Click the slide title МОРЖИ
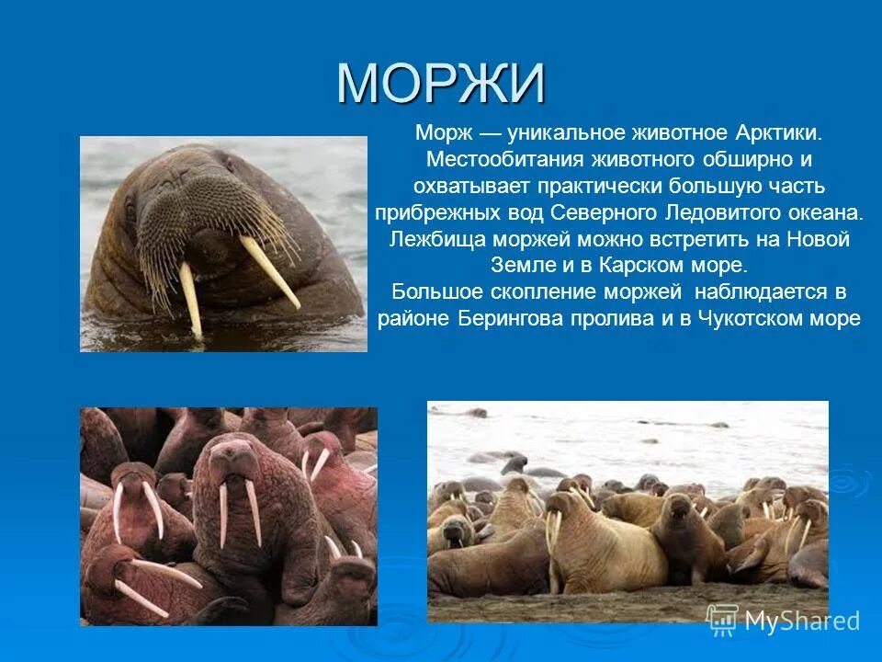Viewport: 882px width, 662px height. [441, 84]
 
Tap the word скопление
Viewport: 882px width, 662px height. [545, 291]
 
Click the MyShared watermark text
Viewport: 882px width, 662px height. [802, 621]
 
